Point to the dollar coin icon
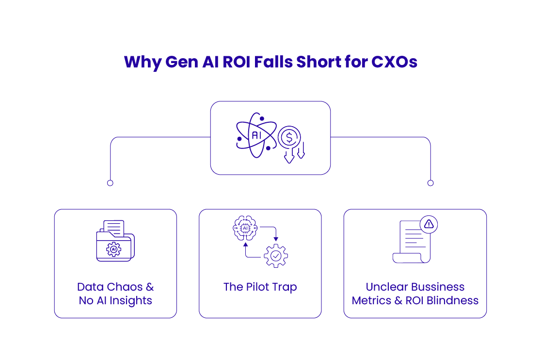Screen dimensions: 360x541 tap(290, 137)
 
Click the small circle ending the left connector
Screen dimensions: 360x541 tap(110, 183)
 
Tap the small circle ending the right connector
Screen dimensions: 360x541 tap(430, 183)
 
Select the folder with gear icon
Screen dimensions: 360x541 tap(115, 241)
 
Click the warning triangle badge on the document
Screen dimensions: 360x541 tap(429, 224)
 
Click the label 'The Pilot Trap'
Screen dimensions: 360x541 tap(260, 287)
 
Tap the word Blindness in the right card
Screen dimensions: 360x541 tap(453, 300)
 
